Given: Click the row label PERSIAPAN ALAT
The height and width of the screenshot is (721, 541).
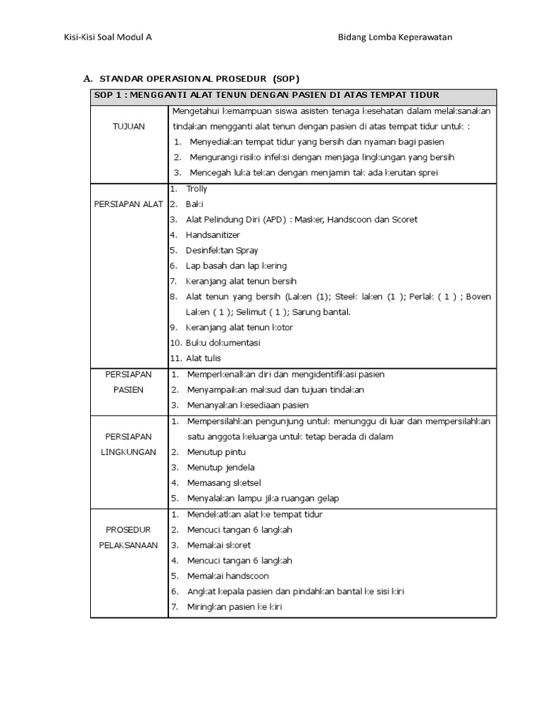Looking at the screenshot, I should pyautogui.click(x=128, y=204).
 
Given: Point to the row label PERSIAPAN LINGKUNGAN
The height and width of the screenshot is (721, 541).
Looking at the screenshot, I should pyautogui.click(x=128, y=444).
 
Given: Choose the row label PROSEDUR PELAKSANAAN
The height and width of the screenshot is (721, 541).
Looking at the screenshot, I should pyautogui.click(x=128, y=537).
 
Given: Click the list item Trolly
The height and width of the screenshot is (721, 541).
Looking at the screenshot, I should pyautogui.click(x=197, y=189).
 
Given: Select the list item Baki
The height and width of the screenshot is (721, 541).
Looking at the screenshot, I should pyautogui.click(x=194, y=204).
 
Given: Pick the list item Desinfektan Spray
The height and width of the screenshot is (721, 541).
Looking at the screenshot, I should pyautogui.click(x=222, y=250).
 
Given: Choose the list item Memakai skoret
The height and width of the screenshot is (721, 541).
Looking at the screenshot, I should pyautogui.click(x=218, y=545).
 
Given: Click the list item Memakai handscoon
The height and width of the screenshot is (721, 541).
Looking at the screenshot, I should pyautogui.click(x=228, y=576).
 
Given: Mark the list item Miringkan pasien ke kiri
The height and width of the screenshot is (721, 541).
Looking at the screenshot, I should pyautogui.click(x=234, y=607).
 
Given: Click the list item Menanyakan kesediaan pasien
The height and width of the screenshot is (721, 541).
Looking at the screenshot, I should pyautogui.click(x=247, y=405).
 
